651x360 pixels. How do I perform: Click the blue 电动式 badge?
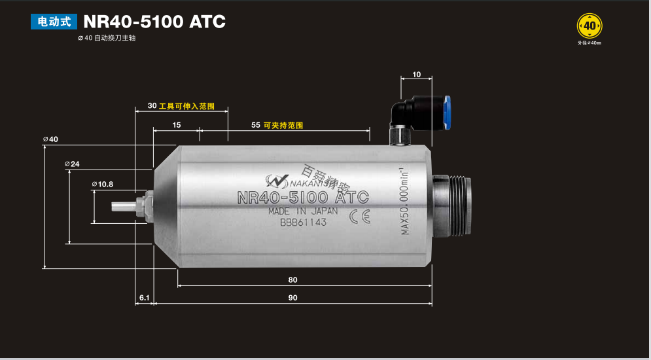[x=54, y=22]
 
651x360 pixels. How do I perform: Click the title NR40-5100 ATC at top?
[x=154, y=22]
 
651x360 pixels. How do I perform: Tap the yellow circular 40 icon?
[x=589, y=26]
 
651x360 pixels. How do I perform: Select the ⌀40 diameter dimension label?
[x=50, y=139]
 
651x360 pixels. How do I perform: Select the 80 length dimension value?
[x=292, y=279]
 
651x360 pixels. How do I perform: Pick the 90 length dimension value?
[x=292, y=298]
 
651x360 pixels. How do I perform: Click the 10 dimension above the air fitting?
[x=417, y=75]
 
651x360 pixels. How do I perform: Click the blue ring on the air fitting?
[x=448, y=113]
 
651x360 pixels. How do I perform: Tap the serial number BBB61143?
[x=303, y=223]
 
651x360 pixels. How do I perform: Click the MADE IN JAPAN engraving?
[x=303, y=211]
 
